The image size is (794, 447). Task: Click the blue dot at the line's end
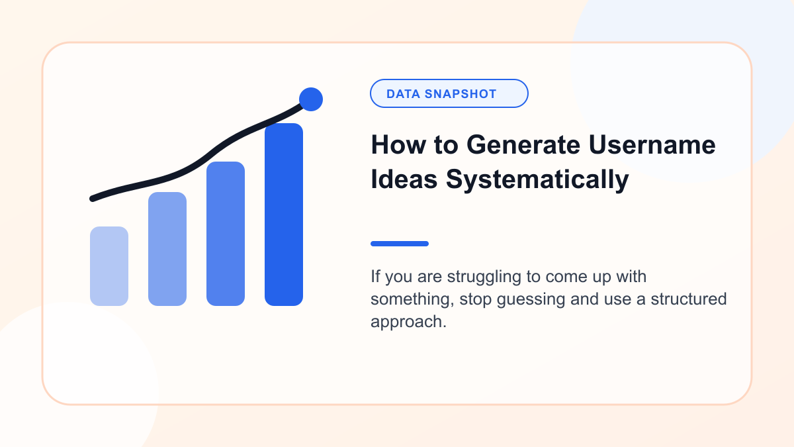[311, 99]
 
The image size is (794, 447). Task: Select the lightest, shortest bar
[109, 266]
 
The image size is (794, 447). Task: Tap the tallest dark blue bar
[284, 215]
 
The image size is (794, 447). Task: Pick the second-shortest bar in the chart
[167, 249]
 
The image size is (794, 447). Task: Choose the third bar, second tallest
[226, 233]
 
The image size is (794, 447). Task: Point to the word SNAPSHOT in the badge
[461, 94]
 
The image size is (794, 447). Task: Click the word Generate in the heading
[523, 145]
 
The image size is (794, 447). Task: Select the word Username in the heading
[652, 145]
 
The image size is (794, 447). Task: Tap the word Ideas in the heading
[404, 179]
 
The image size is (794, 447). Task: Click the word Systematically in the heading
[537, 180]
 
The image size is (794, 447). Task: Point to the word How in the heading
[398, 145]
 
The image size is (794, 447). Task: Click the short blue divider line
[400, 244]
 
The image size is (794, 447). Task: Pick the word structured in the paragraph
[689, 299]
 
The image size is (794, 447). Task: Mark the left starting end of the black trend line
[93, 199]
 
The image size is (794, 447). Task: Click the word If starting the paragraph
[375, 276]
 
